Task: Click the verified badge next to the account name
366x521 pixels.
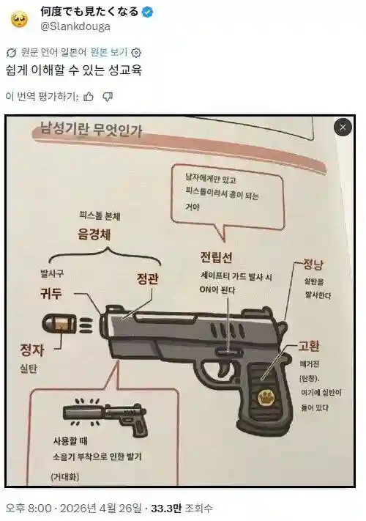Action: [x=147, y=12]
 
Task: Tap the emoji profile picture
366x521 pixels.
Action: [x=20, y=20]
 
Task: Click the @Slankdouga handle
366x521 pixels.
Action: [x=75, y=26]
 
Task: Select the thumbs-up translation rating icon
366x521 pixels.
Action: [x=89, y=97]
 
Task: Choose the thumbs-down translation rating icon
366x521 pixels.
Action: [x=108, y=97]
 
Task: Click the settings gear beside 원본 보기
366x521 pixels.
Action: [x=136, y=53]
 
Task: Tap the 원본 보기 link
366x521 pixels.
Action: [x=109, y=52]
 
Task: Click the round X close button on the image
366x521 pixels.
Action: [x=343, y=127]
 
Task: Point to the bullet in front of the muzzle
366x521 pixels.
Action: [x=60, y=324]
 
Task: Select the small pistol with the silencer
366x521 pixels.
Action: [x=106, y=415]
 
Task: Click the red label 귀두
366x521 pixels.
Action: [x=51, y=293]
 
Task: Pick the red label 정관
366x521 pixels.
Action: [x=147, y=278]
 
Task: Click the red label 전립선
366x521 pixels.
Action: [x=217, y=257]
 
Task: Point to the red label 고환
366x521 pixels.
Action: [x=308, y=346]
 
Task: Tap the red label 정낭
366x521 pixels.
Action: [x=313, y=265]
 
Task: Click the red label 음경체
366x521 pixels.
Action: [x=94, y=234]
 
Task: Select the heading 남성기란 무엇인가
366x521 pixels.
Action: [x=91, y=130]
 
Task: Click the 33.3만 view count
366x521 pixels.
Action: [x=166, y=509]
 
